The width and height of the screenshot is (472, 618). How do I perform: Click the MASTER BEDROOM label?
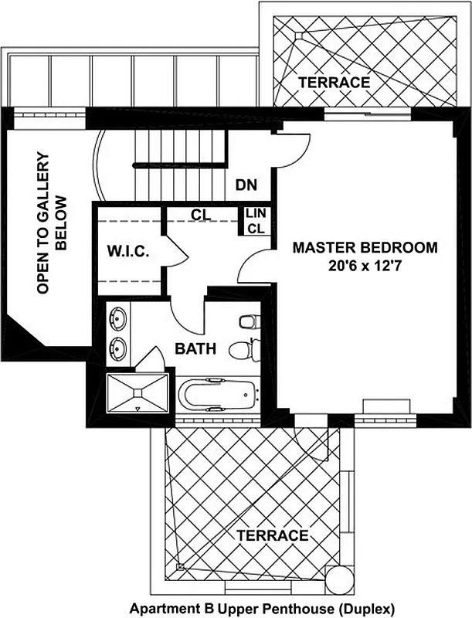click(x=364, y=248)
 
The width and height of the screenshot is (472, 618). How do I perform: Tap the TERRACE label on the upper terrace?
click(x=334, y=82)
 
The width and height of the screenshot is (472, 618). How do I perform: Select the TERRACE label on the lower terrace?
click(x=273, y=535)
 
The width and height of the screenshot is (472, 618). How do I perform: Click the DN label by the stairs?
click(x=246, y=185)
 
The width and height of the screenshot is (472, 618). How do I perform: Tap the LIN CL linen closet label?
click(x=255, y=221)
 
